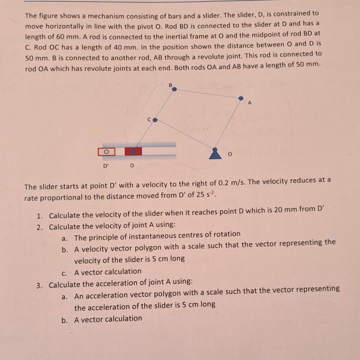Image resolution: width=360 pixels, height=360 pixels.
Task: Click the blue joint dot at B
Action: [x=174, y=90]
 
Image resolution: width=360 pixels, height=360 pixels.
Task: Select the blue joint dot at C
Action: [x=155, y=120]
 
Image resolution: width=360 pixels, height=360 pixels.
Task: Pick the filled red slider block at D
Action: [x=134, y=151]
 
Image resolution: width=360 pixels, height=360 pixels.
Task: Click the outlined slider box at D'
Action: [x=108, y=151]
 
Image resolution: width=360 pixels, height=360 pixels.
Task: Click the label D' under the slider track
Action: [x=107, y=165]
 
